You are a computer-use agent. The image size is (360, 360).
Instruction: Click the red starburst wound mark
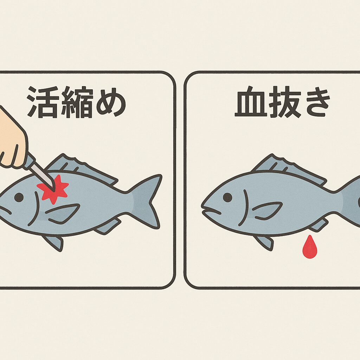point(53,189)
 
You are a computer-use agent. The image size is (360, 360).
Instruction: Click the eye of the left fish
point(19,197)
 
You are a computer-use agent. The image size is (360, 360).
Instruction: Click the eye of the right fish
point(227,197)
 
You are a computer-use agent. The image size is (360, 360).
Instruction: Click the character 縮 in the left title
point(76,102)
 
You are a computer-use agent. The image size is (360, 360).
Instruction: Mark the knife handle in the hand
point(29,161)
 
